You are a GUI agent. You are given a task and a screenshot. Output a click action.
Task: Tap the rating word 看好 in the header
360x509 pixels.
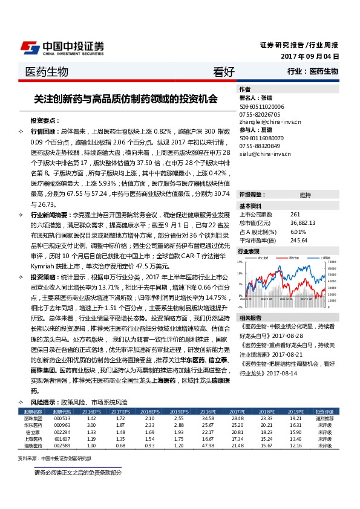(223, 72)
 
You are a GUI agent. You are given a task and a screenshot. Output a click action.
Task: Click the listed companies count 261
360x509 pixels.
(295, 215)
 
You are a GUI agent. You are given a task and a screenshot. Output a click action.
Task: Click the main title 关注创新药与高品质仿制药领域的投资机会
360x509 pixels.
(126, 99)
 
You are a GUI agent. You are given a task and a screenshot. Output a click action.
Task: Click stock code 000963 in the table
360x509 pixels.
(62, 425)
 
